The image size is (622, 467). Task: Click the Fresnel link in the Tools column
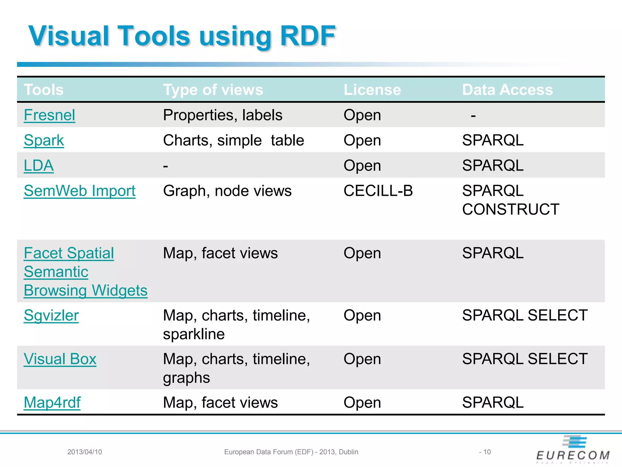click(x=50, y=115)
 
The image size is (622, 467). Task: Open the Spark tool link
click(x=44, y=140)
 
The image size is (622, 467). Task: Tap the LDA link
click(x=39, y=166)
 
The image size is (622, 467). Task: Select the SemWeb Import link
click(x=80, y=191)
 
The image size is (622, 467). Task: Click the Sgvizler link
click(x=51, y=315)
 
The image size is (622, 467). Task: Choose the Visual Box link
click(x=60, y=359)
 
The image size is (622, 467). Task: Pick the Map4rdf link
click(x=52, y=403)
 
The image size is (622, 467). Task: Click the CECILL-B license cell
click(x=378, y=191)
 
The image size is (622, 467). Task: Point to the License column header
click(x=372, y=90)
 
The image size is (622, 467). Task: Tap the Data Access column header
click(x=507, y=90)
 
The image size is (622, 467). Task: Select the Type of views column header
click(x=213, y=90)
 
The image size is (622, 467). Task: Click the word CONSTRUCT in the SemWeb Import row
click(x=511, y=209)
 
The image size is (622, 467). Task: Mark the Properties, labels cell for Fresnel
click(x=223, y=115)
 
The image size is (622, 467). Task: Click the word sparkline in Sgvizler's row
click(x=194, y=334)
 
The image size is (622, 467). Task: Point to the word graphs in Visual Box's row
click(x=186, y=378)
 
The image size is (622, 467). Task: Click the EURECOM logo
click(x=573, y=450)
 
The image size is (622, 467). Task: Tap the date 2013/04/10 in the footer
click(x=85, y=452)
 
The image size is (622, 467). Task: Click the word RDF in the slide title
click(x=307, y=36)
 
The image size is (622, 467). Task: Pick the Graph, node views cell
click(x=227, y=191)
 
